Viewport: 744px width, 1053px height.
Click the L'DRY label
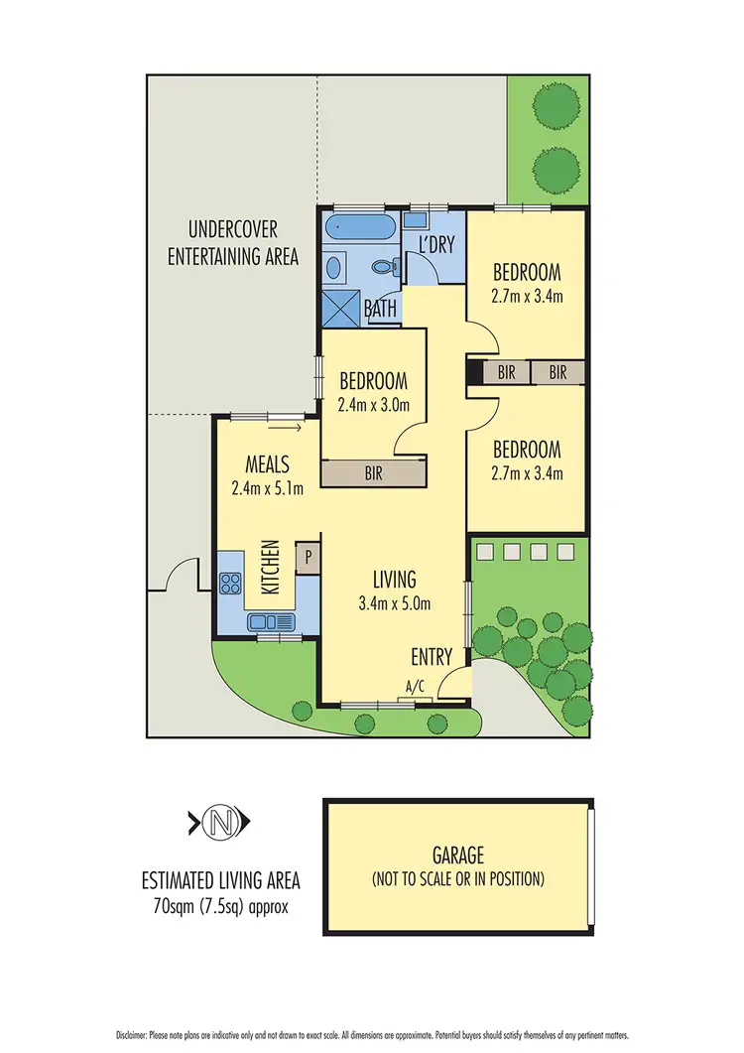435,245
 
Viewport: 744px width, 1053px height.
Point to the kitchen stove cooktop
231,585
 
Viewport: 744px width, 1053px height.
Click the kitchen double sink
274,621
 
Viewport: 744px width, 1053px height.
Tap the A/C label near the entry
417,686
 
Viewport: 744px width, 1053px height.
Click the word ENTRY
433,656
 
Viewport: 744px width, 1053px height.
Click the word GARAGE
457,854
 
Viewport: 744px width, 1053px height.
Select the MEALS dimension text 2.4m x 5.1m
268,487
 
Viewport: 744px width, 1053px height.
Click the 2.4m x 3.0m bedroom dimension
373,404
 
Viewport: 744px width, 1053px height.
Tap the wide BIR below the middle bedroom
374,472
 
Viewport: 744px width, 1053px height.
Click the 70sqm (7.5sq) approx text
220,905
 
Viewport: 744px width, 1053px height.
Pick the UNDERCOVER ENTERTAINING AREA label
233,242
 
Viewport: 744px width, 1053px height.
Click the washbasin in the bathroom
333,266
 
